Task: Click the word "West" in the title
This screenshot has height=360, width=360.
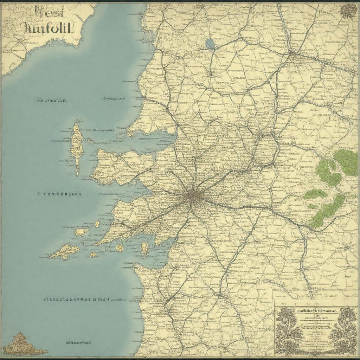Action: [49, 13]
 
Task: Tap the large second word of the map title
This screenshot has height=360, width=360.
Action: [47, 28]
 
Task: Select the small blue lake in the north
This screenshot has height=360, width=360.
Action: [210, 43]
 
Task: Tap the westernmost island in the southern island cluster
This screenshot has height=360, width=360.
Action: [65, 252]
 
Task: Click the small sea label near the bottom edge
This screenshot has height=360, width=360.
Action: [79, 342]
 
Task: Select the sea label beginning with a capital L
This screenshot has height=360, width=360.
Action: [52, 101]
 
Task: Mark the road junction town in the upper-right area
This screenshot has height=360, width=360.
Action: [291, 53]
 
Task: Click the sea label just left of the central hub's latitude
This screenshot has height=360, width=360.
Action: [60, 194]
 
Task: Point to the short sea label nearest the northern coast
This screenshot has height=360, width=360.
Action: [114, 99]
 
